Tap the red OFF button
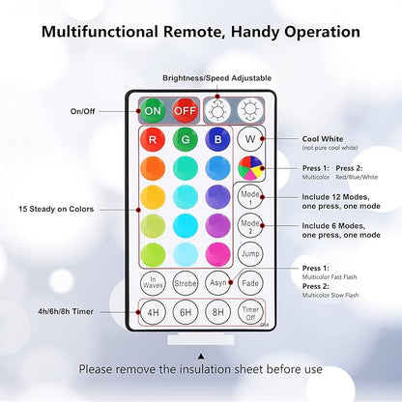185,109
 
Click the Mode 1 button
249,196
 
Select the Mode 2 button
249,225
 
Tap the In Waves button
153,283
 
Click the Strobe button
185,283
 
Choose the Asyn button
217,283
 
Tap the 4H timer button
153,313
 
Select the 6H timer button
185,313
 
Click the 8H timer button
217,313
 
